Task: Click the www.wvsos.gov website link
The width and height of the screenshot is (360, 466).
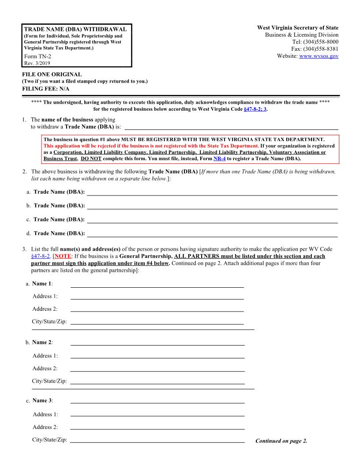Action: [319, 56]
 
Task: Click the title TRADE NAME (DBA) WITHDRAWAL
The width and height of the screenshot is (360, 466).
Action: [75, 29]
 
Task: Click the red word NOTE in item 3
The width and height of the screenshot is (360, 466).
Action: [61, 256]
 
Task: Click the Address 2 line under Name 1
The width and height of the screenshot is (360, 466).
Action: [157, 309]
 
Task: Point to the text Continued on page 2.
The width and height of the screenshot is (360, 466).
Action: [281, 441]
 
